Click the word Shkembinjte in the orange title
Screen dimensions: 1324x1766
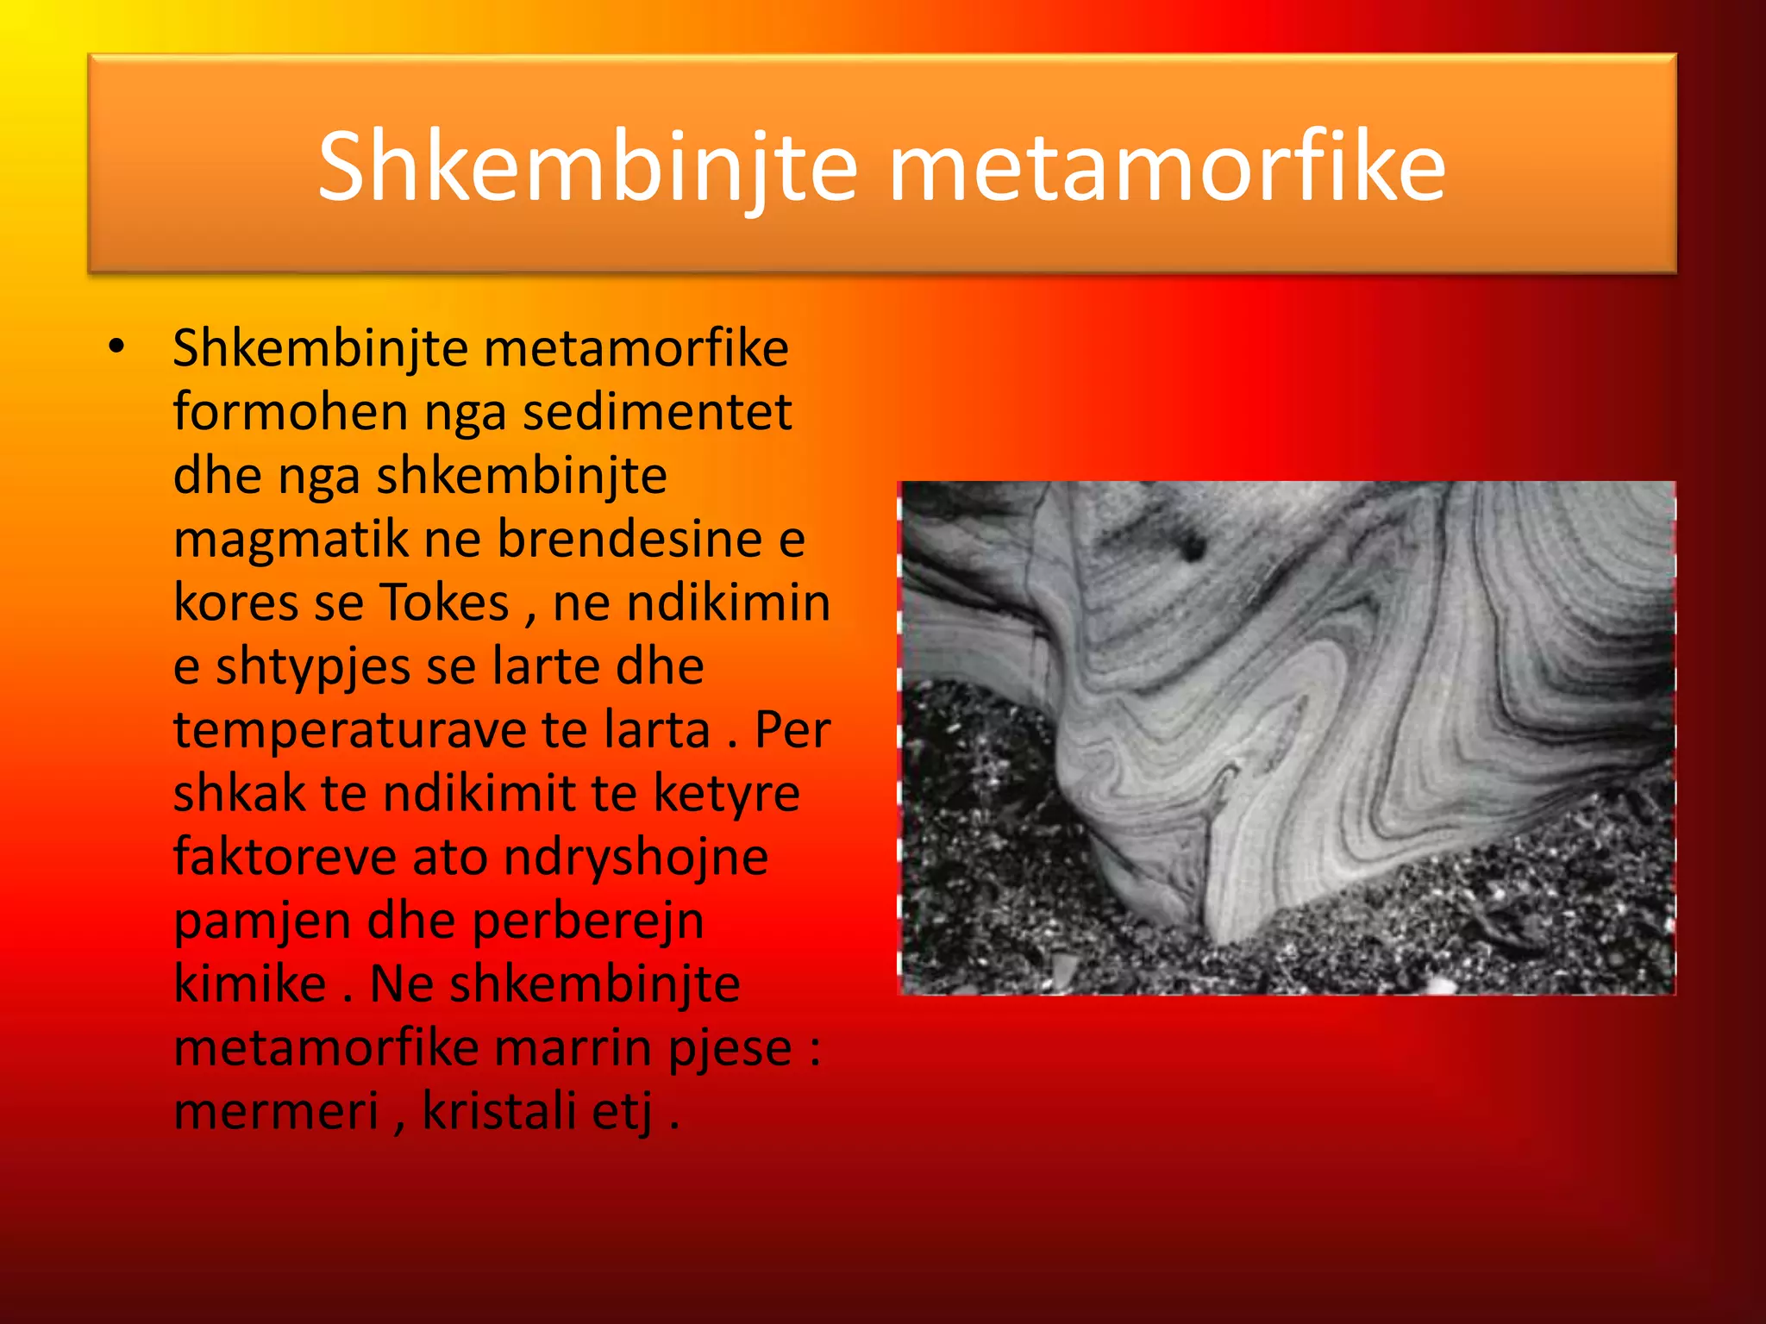(x=587, y=167)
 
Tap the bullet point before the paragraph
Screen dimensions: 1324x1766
(x=116, y=347)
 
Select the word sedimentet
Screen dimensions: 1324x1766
(x=657, y=412)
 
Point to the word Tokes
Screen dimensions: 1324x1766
(x=445, y=603)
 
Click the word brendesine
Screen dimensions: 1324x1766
(x=630, y=540)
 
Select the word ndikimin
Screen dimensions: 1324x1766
(x=729, y=603)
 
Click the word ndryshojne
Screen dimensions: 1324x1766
(x=636, y=857)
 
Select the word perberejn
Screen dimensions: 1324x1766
(x=588, y=921)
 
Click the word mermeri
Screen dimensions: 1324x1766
(x=276, y=1111)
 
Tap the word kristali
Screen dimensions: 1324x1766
(x=498, y=1111)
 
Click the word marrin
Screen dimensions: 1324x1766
(x=573, y=1047)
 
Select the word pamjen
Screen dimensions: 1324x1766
(x=262, y=921)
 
